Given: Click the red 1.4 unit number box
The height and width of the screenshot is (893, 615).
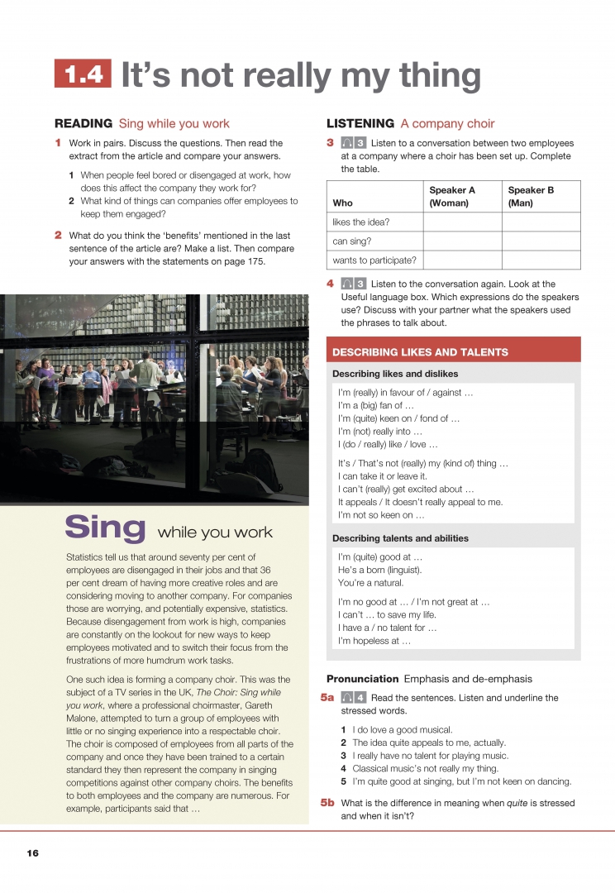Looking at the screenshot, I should (83, 74).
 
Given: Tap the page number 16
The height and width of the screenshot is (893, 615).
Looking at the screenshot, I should (32, 852).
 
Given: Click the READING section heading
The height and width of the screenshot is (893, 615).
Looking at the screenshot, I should (83, 124).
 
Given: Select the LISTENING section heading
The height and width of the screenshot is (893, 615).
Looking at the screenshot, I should (360, 124).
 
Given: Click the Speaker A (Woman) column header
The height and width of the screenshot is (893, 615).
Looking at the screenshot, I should (452, 196).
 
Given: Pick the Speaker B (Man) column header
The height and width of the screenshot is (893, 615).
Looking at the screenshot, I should (531, 196).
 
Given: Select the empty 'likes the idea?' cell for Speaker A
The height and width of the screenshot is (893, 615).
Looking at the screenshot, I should (462, 222).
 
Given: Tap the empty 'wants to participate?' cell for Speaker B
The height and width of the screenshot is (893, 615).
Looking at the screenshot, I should (541, 260).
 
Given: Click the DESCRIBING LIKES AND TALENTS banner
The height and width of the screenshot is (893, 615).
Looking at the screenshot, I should (421, 352).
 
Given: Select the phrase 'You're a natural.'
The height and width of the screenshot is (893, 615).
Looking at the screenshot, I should (370, 583).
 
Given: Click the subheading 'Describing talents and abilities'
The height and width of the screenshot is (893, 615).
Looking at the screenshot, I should (400, 538).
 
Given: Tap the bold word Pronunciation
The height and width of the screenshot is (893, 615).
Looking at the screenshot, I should (362, 679).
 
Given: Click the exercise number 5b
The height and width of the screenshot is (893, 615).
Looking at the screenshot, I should (327, 803).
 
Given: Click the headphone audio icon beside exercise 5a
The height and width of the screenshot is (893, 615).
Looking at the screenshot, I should (347, 698).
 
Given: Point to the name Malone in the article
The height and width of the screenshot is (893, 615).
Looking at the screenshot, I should (83, 718).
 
